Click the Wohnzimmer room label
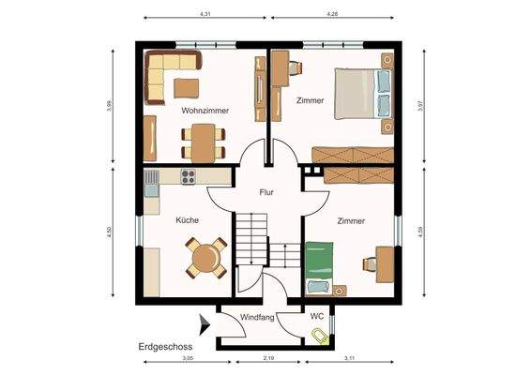pyautogui.click(x=205, y=110)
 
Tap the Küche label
pyautogui.click(x=187, y=221)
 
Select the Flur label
pyautogui.click(x=267, y=192)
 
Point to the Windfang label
pyautogui.click(x=257, y=318)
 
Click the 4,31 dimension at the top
pyautogui.click(x=205, y=15)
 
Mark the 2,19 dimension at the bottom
pyautogui.click(x=266, y=360)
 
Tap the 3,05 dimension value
pyautogui.click(x=187, y=360)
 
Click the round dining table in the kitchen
pyautogui.click(x=205, y=257)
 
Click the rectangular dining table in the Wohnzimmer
pyautogui.click(x=203, y=142)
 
